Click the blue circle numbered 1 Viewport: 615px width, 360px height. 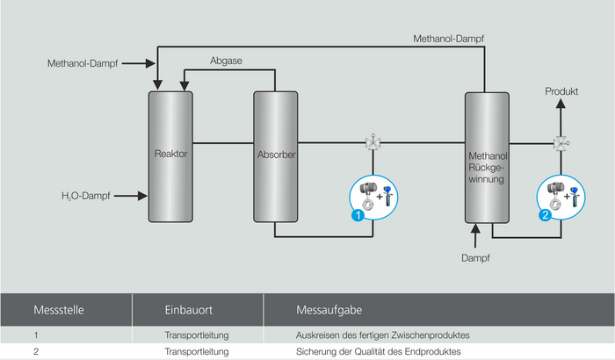tap(358, 213)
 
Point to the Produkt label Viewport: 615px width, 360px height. tap(561, 91)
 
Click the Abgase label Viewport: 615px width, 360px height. tap(226, 61)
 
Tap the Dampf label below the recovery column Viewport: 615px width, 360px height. tap(474, 258)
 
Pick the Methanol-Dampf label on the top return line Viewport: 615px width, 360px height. tap(448, 38)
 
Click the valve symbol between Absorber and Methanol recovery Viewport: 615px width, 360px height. tap(372, 143)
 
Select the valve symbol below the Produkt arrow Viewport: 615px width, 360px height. tap(560, 143)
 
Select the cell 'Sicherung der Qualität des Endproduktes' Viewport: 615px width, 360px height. tap(378, 351)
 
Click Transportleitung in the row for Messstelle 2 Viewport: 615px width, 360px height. tap(197, 351)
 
